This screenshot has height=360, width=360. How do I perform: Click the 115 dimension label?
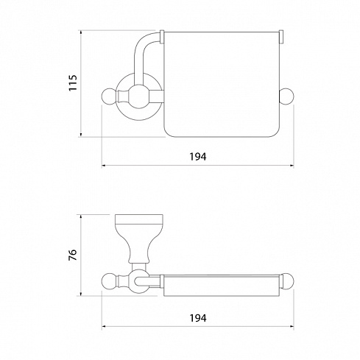(73, 83)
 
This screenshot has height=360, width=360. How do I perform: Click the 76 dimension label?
(73, 255)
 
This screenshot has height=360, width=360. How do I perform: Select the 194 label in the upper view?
(198, 157)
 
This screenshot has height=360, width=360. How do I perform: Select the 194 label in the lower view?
(198, 318)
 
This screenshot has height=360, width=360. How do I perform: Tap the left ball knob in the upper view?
(109, 96)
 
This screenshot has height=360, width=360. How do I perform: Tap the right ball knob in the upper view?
(286, 96)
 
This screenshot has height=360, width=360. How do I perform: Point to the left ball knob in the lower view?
(109, 280)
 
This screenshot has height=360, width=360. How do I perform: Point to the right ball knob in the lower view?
(286, 280)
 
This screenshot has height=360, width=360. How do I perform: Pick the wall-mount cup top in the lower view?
(139, 219)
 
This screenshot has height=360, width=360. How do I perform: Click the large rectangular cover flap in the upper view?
(222, 84)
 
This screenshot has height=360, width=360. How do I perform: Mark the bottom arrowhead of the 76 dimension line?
(81, 293)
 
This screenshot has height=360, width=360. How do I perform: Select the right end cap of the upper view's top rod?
(281, 38)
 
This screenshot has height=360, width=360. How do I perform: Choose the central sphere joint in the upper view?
(139, 96)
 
